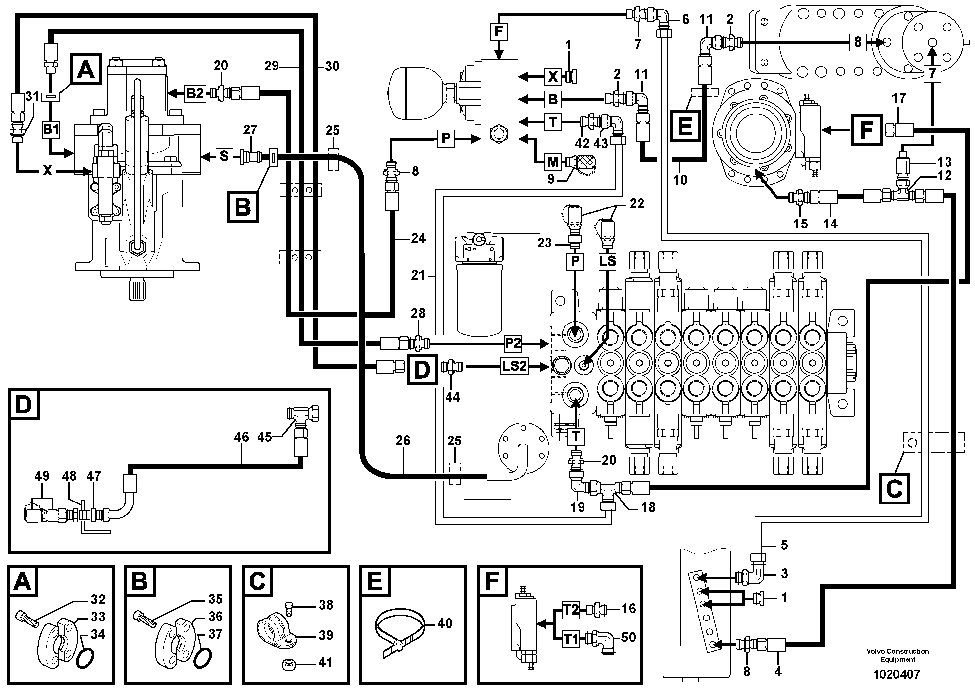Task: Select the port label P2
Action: click(x=512, y=343)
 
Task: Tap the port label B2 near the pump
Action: click(x=195, y=93)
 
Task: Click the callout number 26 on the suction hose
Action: click(x=403, y=441)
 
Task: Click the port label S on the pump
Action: click(x=224, y=156)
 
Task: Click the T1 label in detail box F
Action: click(x=571, y=639)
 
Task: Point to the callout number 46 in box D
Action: click(x=241, y=437)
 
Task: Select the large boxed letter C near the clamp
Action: click(x=894, y=489)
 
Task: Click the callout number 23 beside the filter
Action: click(x=544, y=243)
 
